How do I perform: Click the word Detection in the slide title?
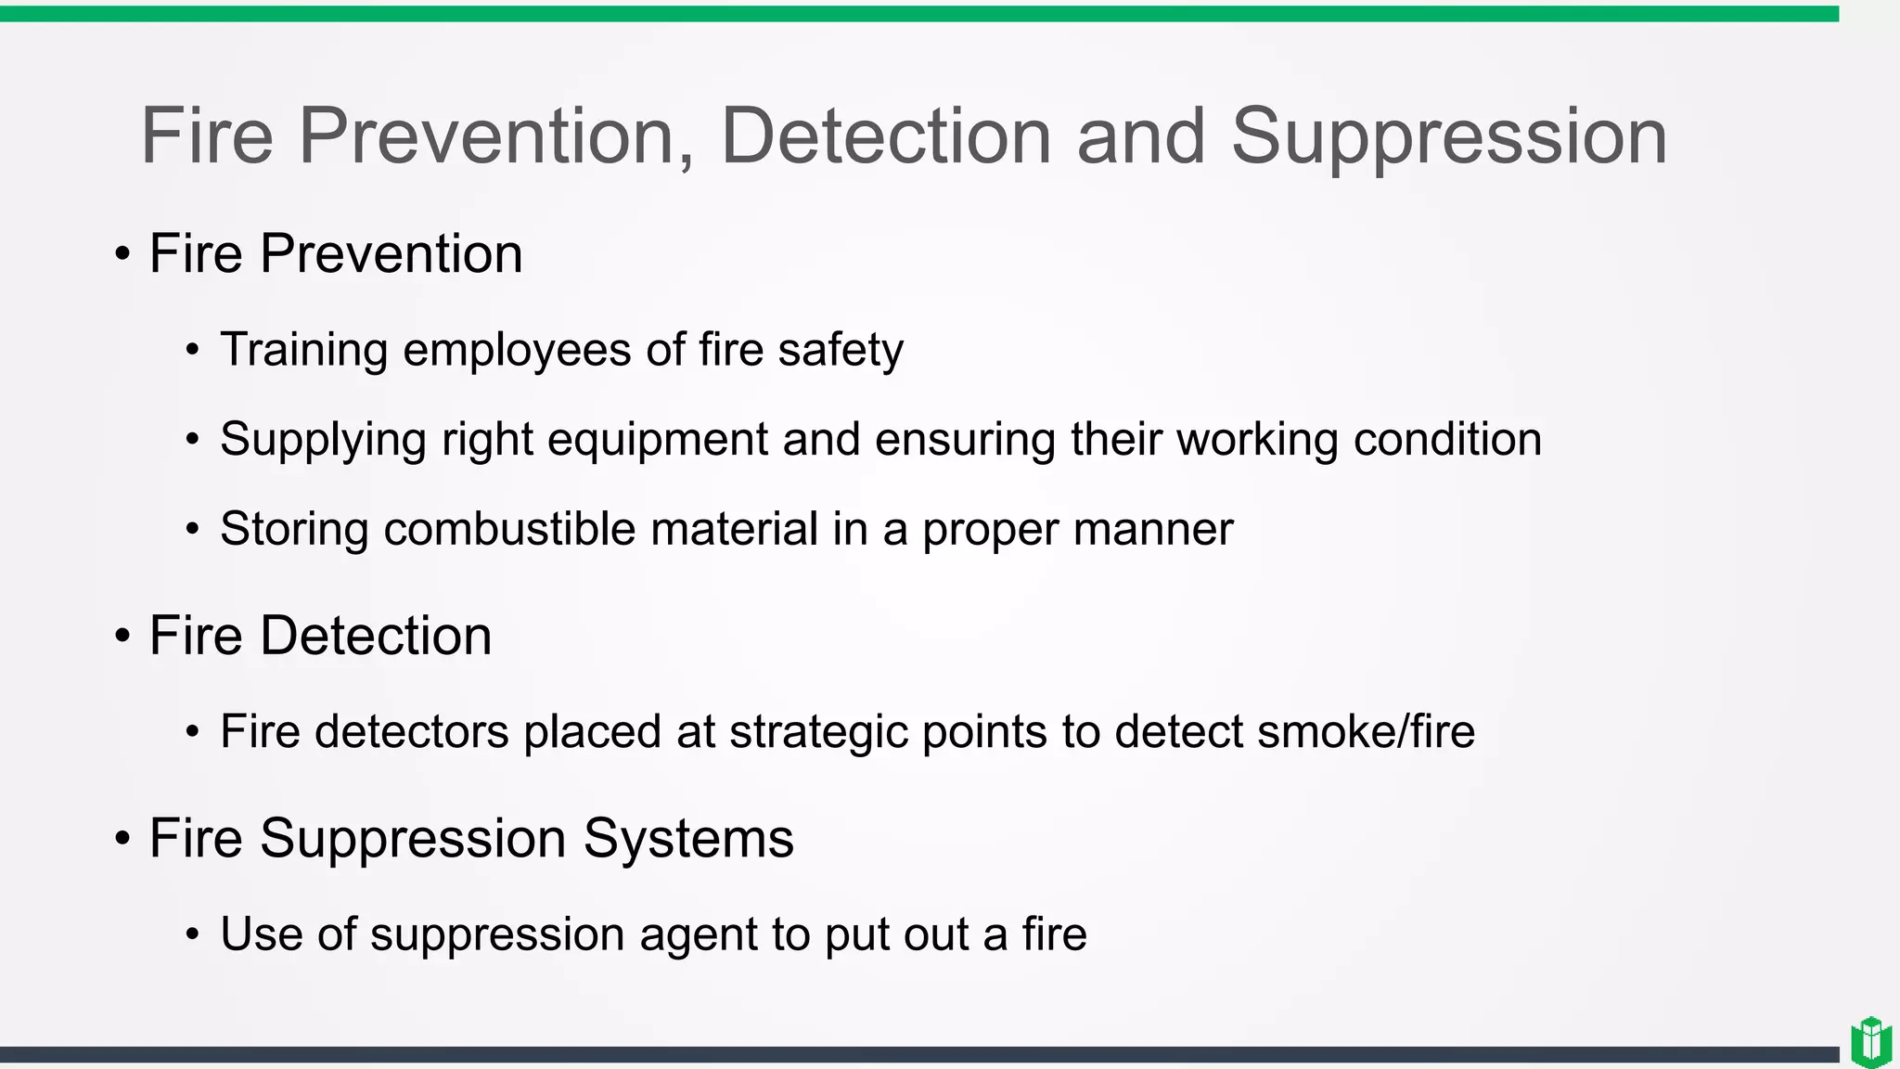(x=886, y=136)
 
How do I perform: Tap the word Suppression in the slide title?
(x=1448, y=136)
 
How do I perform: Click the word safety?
(x=840, y=351)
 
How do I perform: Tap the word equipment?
(x=657, y=440)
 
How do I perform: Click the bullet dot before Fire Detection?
(x=122, y=637)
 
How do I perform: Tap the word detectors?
(x=412, y=731)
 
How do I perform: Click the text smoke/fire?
(x=1366, y=731)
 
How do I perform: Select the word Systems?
(x=687, y=839)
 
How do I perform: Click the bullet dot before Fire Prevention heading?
(x=122, y=254)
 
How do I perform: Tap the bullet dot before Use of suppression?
(x=192, y=934)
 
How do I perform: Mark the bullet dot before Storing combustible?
(x=192, y=530)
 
